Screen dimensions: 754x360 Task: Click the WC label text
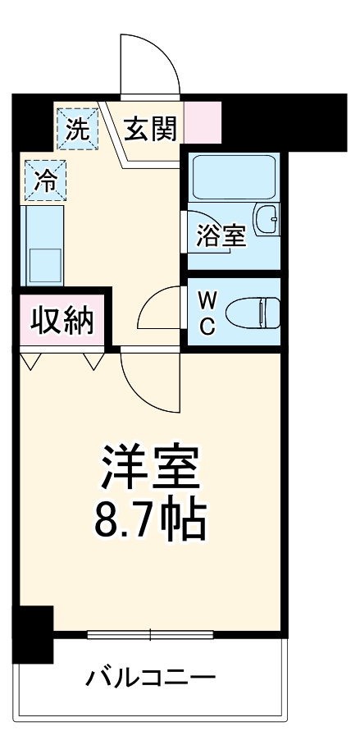point(207,313)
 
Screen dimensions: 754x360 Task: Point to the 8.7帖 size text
point(149,518)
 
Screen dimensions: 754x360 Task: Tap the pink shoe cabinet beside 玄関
point(202,122)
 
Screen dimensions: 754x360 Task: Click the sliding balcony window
point(150,634)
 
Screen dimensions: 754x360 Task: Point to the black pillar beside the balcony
point(33,633)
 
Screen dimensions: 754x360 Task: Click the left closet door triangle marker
point(31,359)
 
